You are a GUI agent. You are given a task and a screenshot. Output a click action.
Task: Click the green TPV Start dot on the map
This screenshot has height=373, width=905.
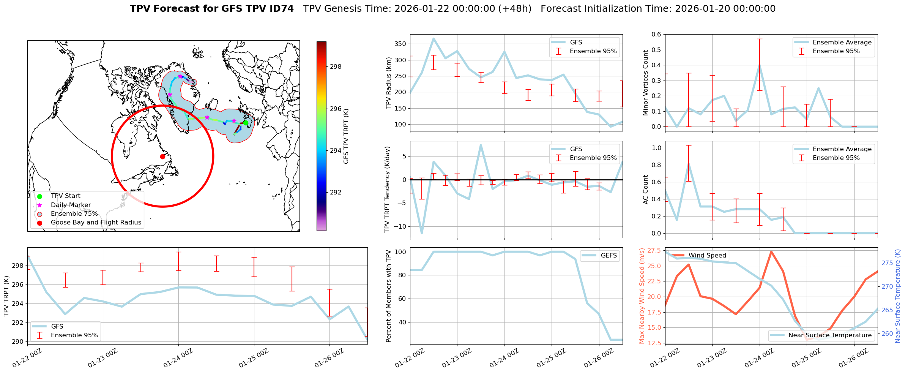[246, 123]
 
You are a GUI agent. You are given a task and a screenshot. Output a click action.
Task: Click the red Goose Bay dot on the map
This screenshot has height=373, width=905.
[162, 156]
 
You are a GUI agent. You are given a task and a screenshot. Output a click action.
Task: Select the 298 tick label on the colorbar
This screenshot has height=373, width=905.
[336, 67]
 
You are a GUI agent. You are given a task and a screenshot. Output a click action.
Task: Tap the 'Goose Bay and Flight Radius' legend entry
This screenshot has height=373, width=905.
[96, 223]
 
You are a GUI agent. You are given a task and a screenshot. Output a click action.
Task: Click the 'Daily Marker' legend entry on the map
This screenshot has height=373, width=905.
[71, 205]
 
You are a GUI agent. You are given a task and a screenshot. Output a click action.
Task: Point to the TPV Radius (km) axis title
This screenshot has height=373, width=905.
[388, 83]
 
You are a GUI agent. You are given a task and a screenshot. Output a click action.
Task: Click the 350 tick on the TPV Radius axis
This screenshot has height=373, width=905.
[401, 44]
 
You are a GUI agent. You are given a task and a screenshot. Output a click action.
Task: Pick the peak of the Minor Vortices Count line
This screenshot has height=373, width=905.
[760, 65]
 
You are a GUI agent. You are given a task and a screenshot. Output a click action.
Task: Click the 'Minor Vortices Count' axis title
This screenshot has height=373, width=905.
[645, 83]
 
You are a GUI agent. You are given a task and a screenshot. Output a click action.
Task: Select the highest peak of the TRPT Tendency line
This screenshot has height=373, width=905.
[481, 145]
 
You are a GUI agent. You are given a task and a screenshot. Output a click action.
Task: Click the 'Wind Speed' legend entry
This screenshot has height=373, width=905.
[707, 256]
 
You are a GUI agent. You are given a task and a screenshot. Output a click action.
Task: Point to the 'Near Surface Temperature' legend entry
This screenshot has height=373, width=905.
[829, 335]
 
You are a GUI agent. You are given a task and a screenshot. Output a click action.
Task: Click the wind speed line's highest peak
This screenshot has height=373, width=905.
[771, 251]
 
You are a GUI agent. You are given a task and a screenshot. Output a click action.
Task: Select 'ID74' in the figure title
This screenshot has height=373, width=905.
[283, 9]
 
